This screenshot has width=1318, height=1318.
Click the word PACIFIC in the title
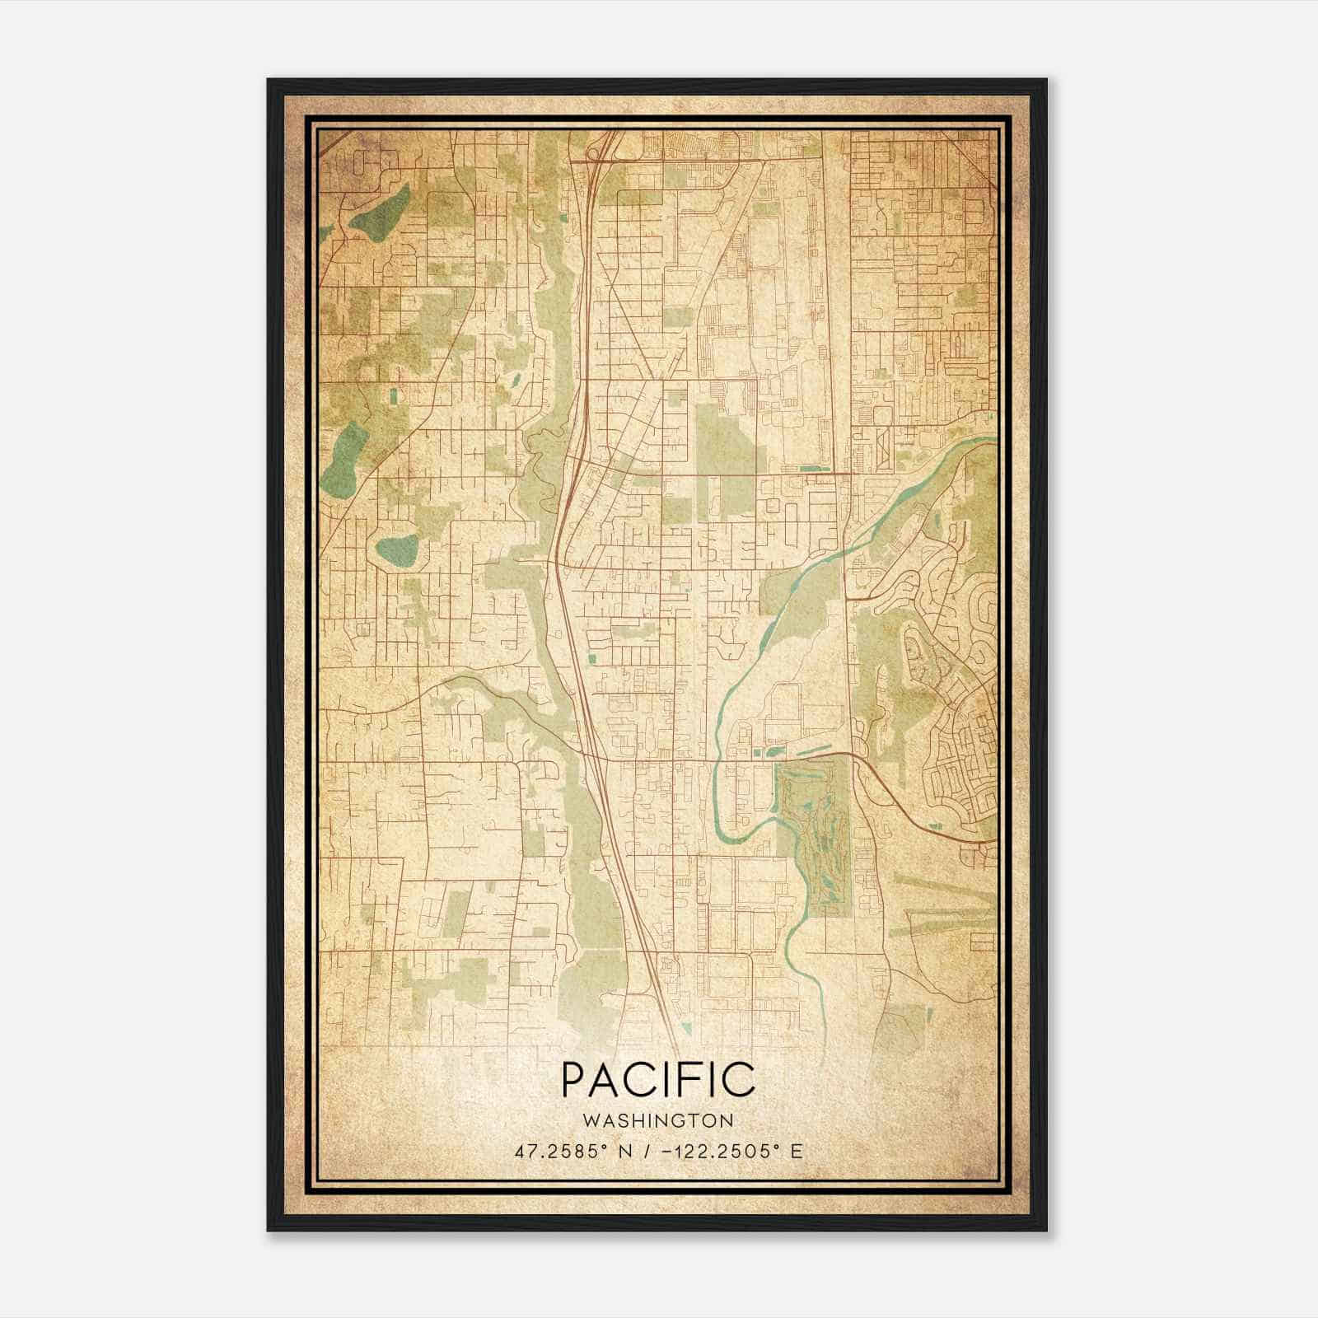pos(657,1079)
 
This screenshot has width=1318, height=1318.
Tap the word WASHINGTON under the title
pos(657,1121)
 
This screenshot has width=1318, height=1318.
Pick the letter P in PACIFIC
pos(574,1079)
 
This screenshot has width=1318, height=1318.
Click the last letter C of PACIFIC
pos(740,1079)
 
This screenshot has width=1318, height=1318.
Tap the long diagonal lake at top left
pos(379,213)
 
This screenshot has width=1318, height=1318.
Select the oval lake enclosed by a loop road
pos(397,547)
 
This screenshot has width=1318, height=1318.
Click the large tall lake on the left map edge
pos(342,457)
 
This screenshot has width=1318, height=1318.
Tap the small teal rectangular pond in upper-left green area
pos(393,396)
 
